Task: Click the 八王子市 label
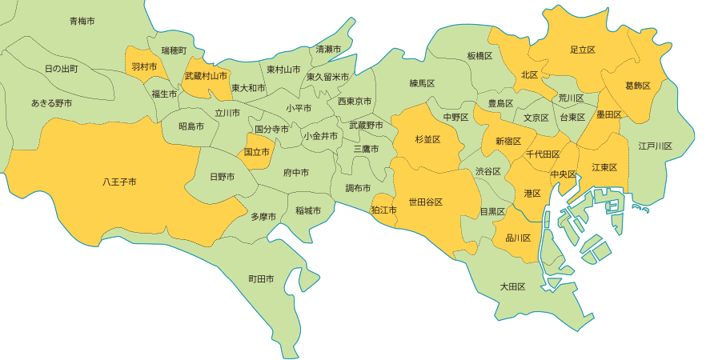(119, 182)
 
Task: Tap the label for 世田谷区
(426, 202)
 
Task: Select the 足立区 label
(582, 50)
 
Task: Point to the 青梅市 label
(82, 21)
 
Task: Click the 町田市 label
(261, 279)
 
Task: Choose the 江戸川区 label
(655, 146)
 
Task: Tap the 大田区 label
(512, 286)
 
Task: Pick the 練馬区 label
(422, 83)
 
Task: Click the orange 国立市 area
(256, 150)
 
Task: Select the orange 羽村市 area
(144, 67)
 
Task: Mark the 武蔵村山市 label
(206, 77)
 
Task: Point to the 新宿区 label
(508, 141)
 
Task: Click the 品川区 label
(518, 238)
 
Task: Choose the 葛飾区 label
(638, 85)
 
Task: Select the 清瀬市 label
(328, 50)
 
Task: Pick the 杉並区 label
(428, 139)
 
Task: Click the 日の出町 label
(62, 69)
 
